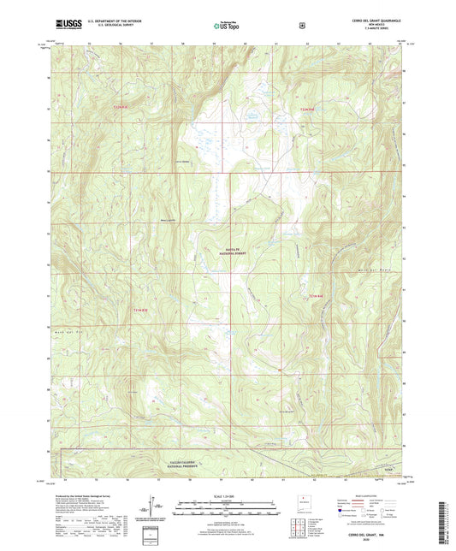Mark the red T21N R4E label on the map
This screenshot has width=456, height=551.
click(x=317, y=296)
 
